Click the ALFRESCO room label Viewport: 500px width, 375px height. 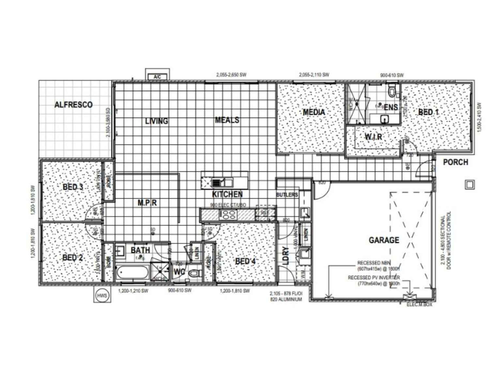click(x=73, y=105)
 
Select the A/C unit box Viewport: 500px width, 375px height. click(x=157, y=77)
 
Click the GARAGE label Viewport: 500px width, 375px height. click(x=384, y=240)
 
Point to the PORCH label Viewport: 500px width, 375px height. click(x=455, y=162)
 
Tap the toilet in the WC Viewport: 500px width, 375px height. click(x=195, y=272)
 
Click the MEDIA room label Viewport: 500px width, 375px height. click(x=314, y=112)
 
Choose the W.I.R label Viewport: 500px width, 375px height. click(x=373, y=137)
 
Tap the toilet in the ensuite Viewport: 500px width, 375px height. click(x=392, y=91)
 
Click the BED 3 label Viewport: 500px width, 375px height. click(x=73, y=187)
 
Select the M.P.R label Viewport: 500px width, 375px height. click(x=147, y=203)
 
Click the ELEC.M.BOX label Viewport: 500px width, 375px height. click(x=419, y=305)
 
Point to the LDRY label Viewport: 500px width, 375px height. click(x=286, y=256)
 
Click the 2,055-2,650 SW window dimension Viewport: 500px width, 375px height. click(x=231, y=75)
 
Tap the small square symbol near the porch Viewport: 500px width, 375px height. click(x=469, y=185)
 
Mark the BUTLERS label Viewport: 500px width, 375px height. click(x=287, y=195)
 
